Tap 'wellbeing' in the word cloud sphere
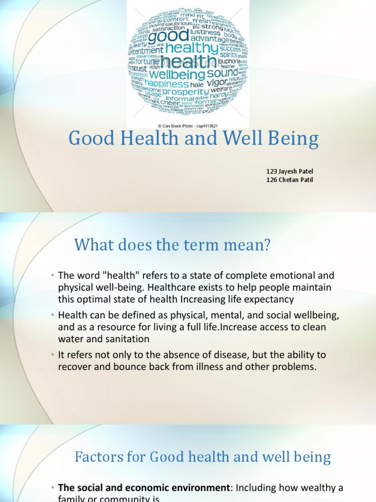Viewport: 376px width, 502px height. click(x=170, y=75)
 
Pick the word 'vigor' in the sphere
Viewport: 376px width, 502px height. click(x=217, y=83)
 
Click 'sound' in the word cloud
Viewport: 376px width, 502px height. click(x=222, y=73)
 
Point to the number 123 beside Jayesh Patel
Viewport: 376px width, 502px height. click(x=272, y=171)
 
